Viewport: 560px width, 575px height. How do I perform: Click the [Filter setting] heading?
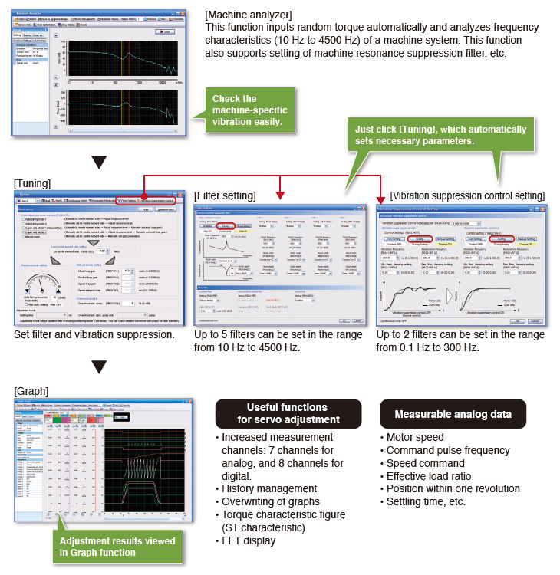225,196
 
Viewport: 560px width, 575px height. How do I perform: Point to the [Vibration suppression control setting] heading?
468,196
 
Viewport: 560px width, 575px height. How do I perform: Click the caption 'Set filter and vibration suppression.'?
94,334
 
